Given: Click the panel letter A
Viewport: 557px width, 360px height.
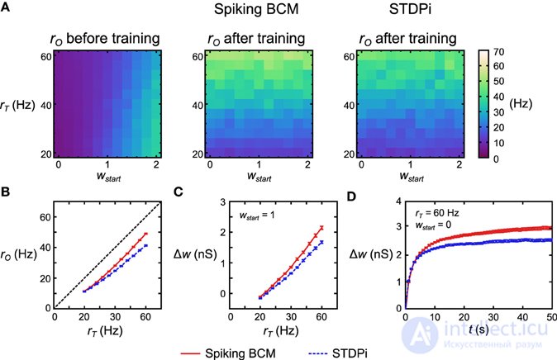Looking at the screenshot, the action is (x=5, y=7).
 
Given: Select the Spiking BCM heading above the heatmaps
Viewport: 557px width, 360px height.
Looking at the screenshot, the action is (x=256, y=9).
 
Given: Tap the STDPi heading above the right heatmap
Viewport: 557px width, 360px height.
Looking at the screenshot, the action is (x=410, y=9).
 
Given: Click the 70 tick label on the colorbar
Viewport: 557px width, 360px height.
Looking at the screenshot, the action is (x=499, y=52).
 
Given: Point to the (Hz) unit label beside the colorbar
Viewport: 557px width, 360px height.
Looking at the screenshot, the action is (x=521, y=104).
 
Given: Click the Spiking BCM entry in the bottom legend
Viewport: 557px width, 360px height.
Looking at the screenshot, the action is (x=240, y=353).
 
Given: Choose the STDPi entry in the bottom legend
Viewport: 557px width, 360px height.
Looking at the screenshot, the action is (x=350, y=353).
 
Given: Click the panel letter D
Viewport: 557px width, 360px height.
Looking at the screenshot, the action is (x=350, y=196).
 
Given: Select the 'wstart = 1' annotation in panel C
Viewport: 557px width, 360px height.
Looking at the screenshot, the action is (x=256, y=216).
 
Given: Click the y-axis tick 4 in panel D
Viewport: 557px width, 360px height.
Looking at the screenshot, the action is (x=398, y=201).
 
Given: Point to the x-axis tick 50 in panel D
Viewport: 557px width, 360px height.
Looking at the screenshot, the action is (x=551, y=317).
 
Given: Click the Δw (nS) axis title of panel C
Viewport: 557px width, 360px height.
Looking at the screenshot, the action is (x=195, y=254).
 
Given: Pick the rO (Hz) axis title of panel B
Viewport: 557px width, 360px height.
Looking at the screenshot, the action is (x=18, y=254).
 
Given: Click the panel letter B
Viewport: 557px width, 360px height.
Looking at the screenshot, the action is (x=5, y=192).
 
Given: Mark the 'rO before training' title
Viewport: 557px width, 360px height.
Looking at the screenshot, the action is (x=105, y=39).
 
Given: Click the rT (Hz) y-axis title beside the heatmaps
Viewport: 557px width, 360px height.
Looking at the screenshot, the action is (x=18, y=106).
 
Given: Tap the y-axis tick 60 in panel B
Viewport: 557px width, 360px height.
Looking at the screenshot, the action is (x=45, y=217).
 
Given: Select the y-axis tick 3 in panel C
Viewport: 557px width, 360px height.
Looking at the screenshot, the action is (x=223, y=202).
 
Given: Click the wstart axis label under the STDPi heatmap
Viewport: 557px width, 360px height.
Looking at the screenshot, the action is (x=412, y=177).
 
